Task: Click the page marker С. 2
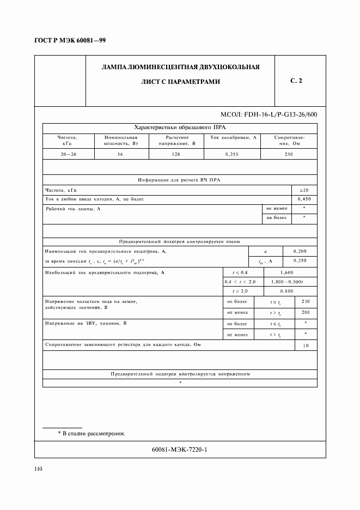(296, 81)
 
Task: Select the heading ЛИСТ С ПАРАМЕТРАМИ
(180, 82)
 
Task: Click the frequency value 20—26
(69, 154)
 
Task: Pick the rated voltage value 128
(177, 154)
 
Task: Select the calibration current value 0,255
(233, 154)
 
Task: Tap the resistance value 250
(289, 154)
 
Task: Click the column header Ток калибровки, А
(233, 137)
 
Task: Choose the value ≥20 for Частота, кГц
(304, 190)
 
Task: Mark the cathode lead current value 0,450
(304, 199)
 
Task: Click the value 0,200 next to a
(300, 251)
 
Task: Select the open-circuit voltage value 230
(305, 301)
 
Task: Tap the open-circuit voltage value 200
(305, 312)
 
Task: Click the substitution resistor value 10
(305, 345)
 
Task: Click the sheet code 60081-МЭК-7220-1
(180, 450)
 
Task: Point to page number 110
(38, 469)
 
